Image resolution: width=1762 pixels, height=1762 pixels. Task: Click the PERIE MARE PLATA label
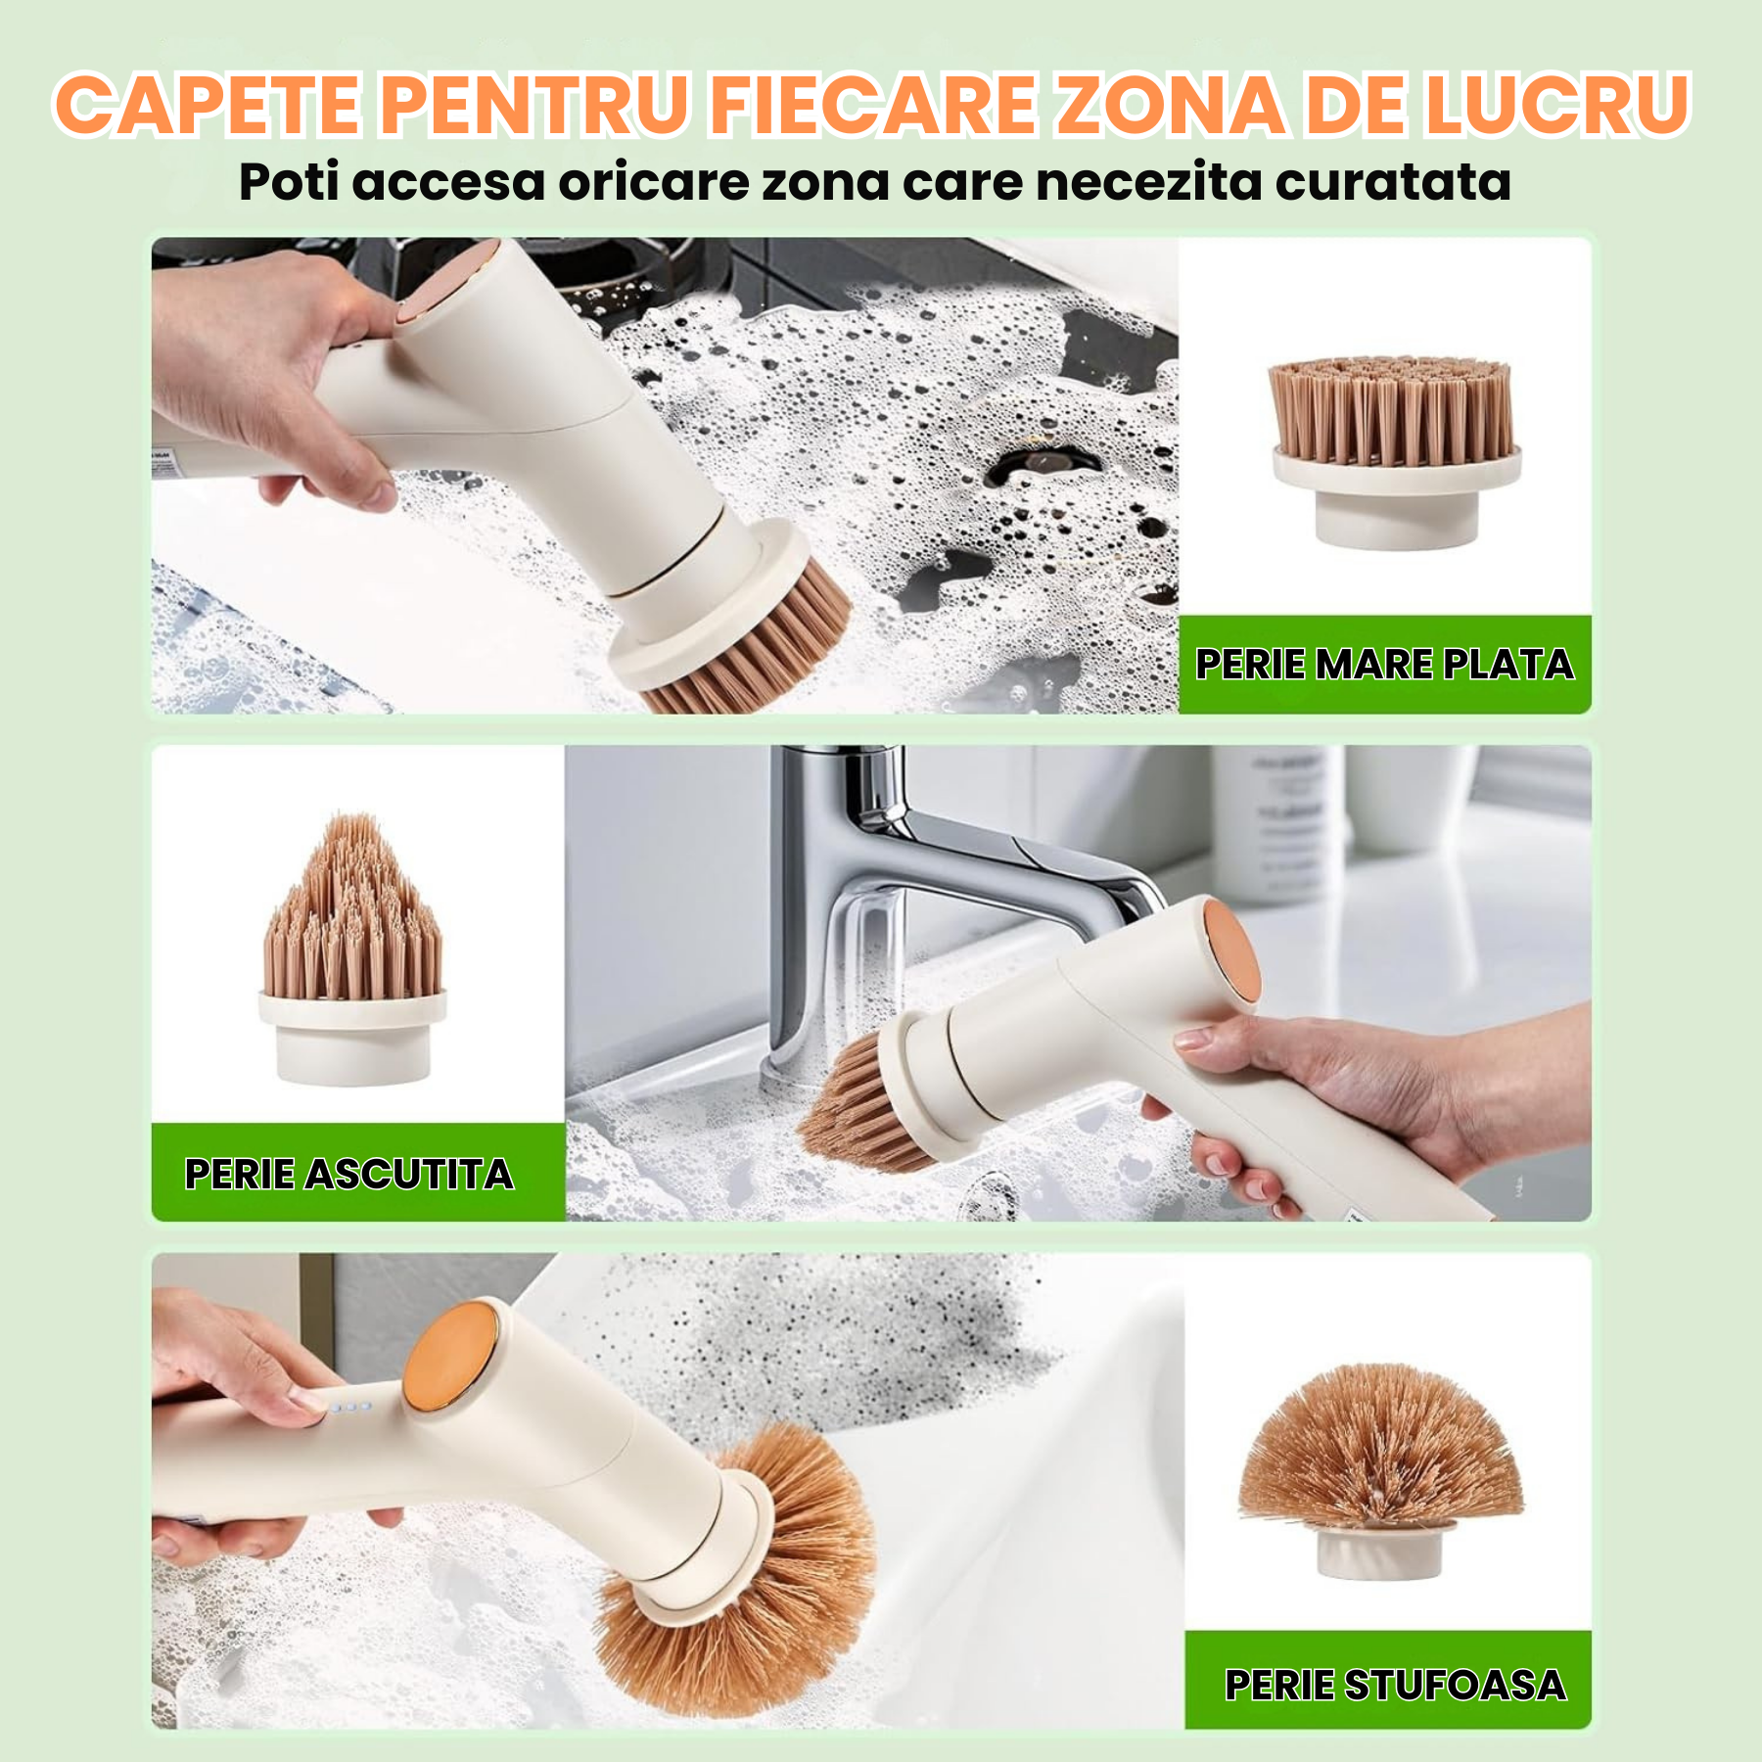click(1384, 665)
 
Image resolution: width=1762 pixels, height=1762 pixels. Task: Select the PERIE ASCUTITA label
click(349, 1174)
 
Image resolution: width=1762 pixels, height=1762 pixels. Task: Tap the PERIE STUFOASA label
click(1395, 1685)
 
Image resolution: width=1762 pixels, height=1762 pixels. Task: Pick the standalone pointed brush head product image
click(352, 948)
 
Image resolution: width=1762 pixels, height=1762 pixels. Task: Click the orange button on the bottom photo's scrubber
click(451, 1357)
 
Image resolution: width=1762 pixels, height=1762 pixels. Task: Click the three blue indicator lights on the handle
click(349, 1407)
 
